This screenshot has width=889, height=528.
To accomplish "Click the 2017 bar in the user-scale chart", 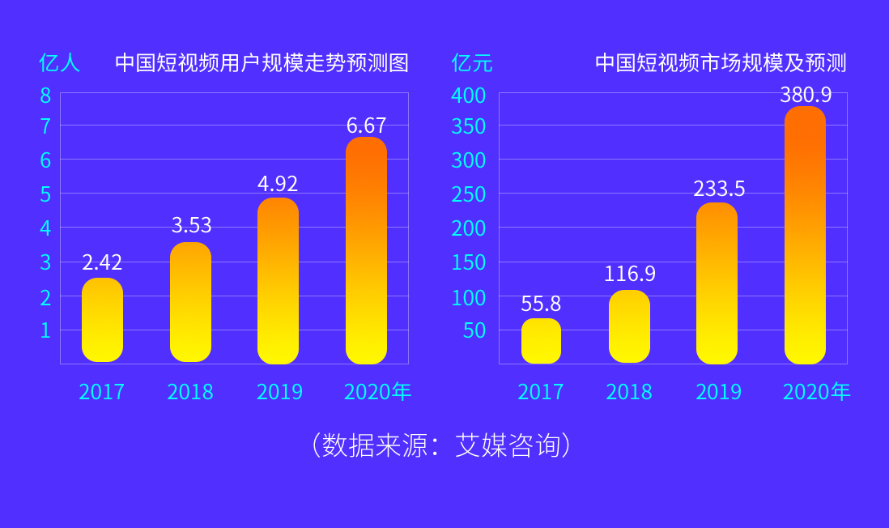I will (102, 320).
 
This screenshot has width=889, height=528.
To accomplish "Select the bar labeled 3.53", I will (190, 302).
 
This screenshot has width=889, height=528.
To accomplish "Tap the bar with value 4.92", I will (278, 281).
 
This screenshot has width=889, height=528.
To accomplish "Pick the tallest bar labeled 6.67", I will (366, 250).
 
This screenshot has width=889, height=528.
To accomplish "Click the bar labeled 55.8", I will (541, 341).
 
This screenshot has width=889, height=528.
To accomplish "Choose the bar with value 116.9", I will (629, 326).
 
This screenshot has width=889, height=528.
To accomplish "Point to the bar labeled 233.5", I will (717, 283).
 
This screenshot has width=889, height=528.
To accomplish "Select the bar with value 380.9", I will (805, 235).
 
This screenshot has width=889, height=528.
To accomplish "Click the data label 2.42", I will (102, 262).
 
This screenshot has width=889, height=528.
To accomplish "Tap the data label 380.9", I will (806, 95).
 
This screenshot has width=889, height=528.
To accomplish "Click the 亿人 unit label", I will (59, 63).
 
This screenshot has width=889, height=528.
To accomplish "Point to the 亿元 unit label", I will (471, 63).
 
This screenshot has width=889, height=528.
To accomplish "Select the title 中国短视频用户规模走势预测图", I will (262, 63).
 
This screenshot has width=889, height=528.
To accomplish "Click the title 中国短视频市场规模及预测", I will (721, 63).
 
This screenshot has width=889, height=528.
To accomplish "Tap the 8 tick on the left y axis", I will (45, 96).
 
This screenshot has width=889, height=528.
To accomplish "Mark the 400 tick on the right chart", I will (468, 96).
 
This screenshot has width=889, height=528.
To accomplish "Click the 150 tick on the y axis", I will (468, 262).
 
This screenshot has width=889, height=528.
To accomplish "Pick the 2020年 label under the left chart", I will (377, 392).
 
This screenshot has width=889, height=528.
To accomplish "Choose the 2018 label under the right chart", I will (629, 392).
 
